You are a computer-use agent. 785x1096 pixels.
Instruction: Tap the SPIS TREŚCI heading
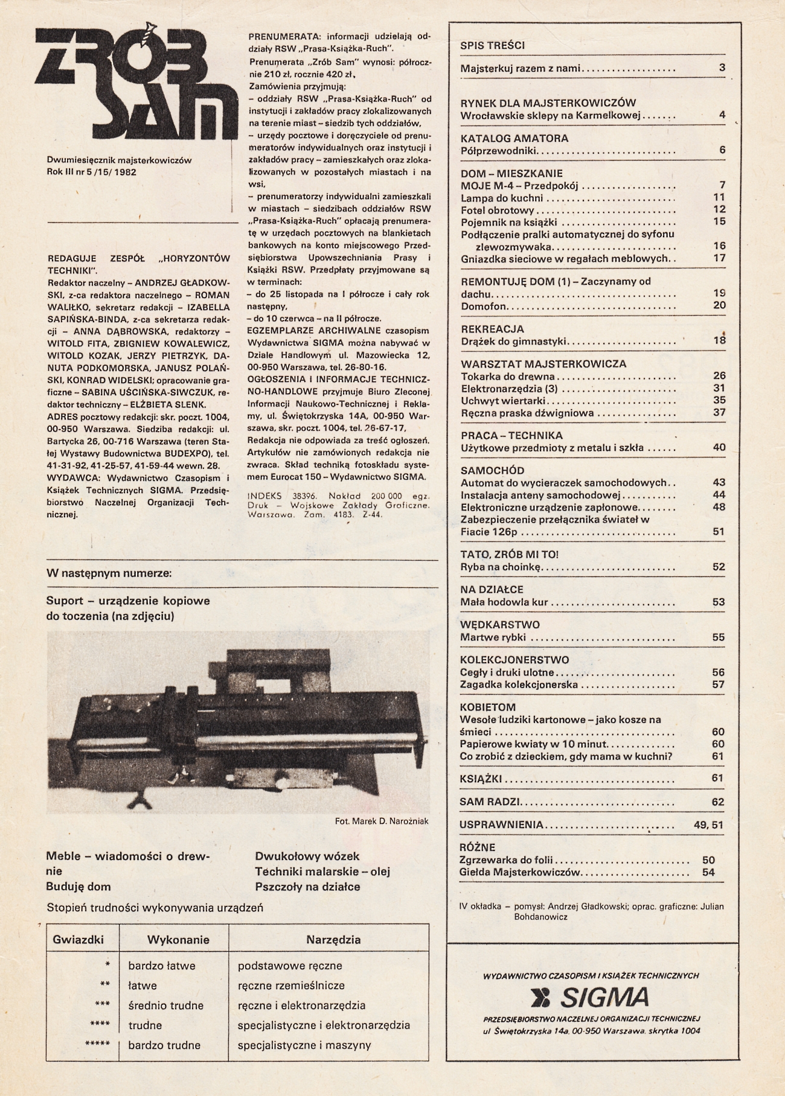pos(492,45)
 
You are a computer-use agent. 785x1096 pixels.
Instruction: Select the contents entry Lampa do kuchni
pos(502,198)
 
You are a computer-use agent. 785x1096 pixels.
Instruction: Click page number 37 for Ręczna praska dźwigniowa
pos(719,413)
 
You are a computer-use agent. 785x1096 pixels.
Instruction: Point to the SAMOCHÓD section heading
pos(492,471)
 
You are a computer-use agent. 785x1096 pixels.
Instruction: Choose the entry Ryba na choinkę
pos(502,567)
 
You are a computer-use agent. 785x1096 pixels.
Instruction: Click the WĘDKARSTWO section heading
pos(499,625)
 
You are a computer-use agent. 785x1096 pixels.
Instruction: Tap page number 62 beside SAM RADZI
pos(717,802)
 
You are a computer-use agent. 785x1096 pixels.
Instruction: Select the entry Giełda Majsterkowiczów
pos(519,872)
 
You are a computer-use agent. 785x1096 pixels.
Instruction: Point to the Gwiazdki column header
pos(78,940)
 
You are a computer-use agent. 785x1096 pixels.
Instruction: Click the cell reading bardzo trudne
pos(164,1045)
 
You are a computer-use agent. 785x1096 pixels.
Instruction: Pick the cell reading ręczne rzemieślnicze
pos(291,986)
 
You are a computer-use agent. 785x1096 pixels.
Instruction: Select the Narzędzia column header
pos(333,940)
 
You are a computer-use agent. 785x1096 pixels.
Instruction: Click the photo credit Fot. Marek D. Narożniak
pos(382,821)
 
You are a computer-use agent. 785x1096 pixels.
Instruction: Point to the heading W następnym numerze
pos(109,573)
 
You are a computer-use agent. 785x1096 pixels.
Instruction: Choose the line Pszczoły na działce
pos(307,887)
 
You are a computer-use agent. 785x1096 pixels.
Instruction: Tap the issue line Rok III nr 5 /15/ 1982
pos(91,172)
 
